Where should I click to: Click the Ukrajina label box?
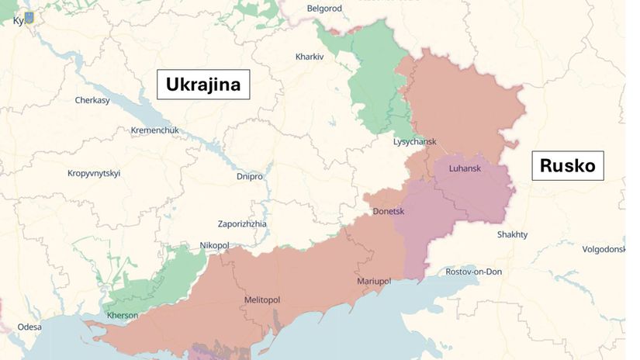tap(203, 85)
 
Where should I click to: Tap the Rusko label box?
tap(567, 166)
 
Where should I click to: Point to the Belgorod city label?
tap(324, 8)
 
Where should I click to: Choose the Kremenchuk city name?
tap(155, 130)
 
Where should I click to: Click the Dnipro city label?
tap(250, 176)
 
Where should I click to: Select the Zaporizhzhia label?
tap(242, 223)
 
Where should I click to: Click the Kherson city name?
tap(122, 315)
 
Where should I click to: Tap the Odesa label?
tap(29, 327)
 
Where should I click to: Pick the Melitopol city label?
tap(261, 299)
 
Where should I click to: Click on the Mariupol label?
tap(374, 280)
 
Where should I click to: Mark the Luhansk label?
tap(465, 168)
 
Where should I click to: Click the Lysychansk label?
tap(415, 142)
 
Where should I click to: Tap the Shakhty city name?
tap(512, 234)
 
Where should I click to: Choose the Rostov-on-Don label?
tap(474, 272)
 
